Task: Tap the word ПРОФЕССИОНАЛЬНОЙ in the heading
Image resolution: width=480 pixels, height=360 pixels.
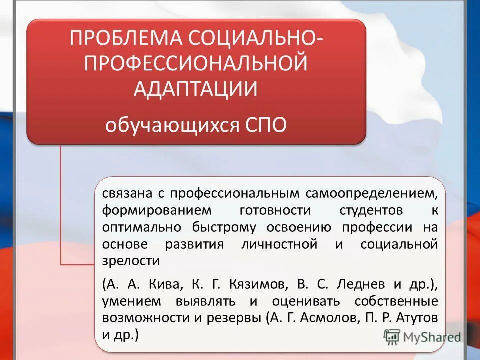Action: click(196, 64)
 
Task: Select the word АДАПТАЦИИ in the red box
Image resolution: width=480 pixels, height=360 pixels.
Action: click(196, 89)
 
